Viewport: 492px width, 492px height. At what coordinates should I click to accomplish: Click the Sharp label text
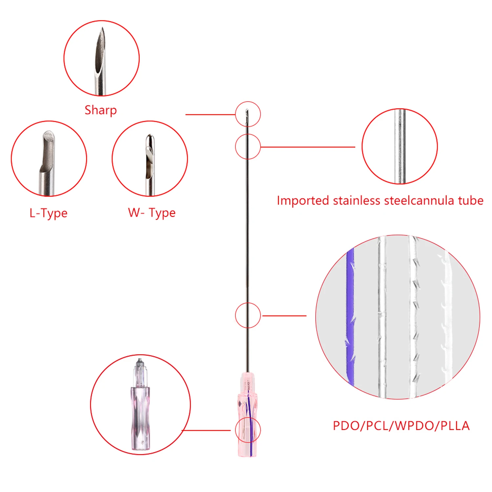(100, 110)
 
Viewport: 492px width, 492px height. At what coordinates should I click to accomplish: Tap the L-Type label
(49, 213)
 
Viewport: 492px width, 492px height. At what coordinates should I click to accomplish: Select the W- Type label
(152, 213)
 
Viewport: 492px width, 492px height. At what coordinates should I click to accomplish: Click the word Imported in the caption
(303, 200)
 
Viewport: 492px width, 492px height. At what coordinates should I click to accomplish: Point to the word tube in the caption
(470, 200)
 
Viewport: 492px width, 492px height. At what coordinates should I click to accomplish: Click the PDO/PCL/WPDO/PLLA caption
(401, 426)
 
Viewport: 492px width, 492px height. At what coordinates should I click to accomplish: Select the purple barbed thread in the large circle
(350, 315)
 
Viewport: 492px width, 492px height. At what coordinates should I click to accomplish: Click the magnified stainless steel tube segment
(400, 146)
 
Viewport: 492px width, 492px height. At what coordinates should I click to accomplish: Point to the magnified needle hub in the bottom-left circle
(140, 407)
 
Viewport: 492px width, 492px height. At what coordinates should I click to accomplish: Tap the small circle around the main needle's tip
(248, 114)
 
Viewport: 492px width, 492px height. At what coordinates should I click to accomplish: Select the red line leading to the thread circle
(284, 316)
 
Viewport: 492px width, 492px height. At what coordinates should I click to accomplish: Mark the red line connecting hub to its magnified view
(207, 430)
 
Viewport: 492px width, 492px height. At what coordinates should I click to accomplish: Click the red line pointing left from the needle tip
(210, 114)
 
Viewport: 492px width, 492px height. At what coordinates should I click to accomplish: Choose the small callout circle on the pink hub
(248, 430)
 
